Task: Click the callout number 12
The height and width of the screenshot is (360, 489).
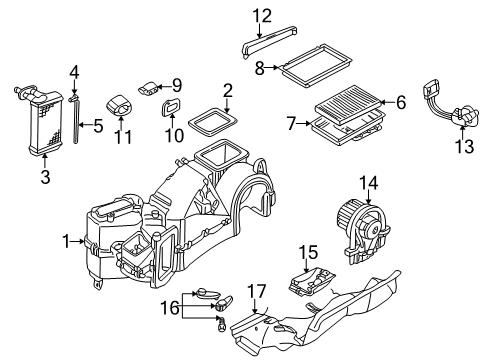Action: pyautogui.click(x=262, y=16)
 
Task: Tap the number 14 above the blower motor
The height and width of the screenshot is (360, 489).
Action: pyautogui.click(x=369, y=183)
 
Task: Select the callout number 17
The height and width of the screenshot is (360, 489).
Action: pyautogui.click(x=257, y=292)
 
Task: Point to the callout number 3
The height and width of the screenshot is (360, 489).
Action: pyautogui.click(x=45, y=177)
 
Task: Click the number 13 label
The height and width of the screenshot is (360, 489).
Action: pyautogui.click(x=464, y=146)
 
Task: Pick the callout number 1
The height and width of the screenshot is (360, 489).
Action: pyautogui.click(x=67, y=241)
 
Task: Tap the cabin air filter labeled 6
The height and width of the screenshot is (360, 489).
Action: pyautogui.click(x=348, y=100)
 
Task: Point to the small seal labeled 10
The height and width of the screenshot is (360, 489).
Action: pyautogui.click(x=171, y=107)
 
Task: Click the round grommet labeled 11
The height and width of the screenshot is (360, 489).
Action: pyautogui.click(x=119, y=105)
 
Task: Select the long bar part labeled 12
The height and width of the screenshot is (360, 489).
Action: pyautogui.click(x=269, y=40)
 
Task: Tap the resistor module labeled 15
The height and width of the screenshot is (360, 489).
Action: pyautogui.click(x=312, y=282)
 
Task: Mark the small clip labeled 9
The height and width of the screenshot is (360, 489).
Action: pyautogui.click(x=149, y=88)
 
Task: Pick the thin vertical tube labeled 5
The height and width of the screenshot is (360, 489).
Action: pyautogui.click(x=76, y=123)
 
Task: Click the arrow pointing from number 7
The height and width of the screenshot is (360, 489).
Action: pyautogui.click(x=304, y=124)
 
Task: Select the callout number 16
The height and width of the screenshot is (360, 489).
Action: pyautogui.click(x=170, y=307)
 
